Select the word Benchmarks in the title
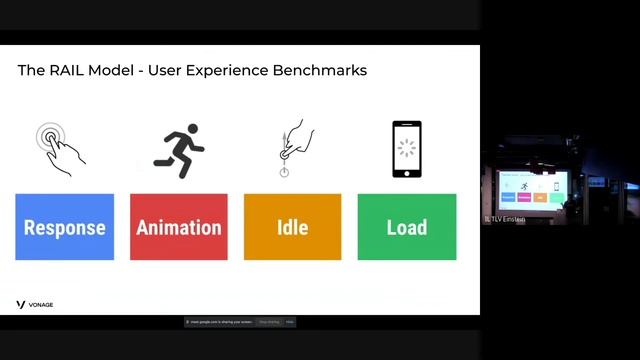click(x=320, y=71)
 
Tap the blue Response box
click(x=65, y=227)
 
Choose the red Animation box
click(x=179, y=227)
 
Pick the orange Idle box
click(x=292, y=227)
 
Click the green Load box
click(x=406, y=227)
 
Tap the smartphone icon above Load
click(x=406, y=149)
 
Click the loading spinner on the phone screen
click(x=406, y=148)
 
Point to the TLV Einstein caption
click(x=506, y=219)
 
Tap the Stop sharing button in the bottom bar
click(x=270, y=322)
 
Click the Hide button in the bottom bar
click(x=290, y=322)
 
